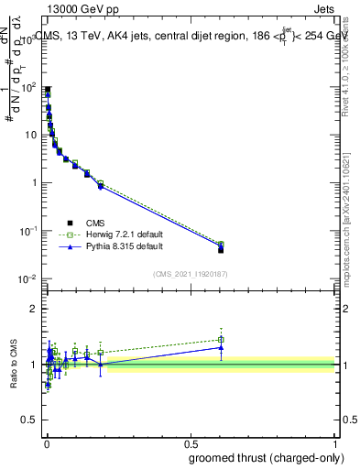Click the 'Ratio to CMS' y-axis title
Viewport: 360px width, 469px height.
(x=13, y=363)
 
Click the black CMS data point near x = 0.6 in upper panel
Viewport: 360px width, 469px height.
(x=221, y=249)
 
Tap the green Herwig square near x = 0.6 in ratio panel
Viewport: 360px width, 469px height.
(x=221, y=339)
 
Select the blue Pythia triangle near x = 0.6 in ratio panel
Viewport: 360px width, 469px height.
(x=221, y=347)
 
